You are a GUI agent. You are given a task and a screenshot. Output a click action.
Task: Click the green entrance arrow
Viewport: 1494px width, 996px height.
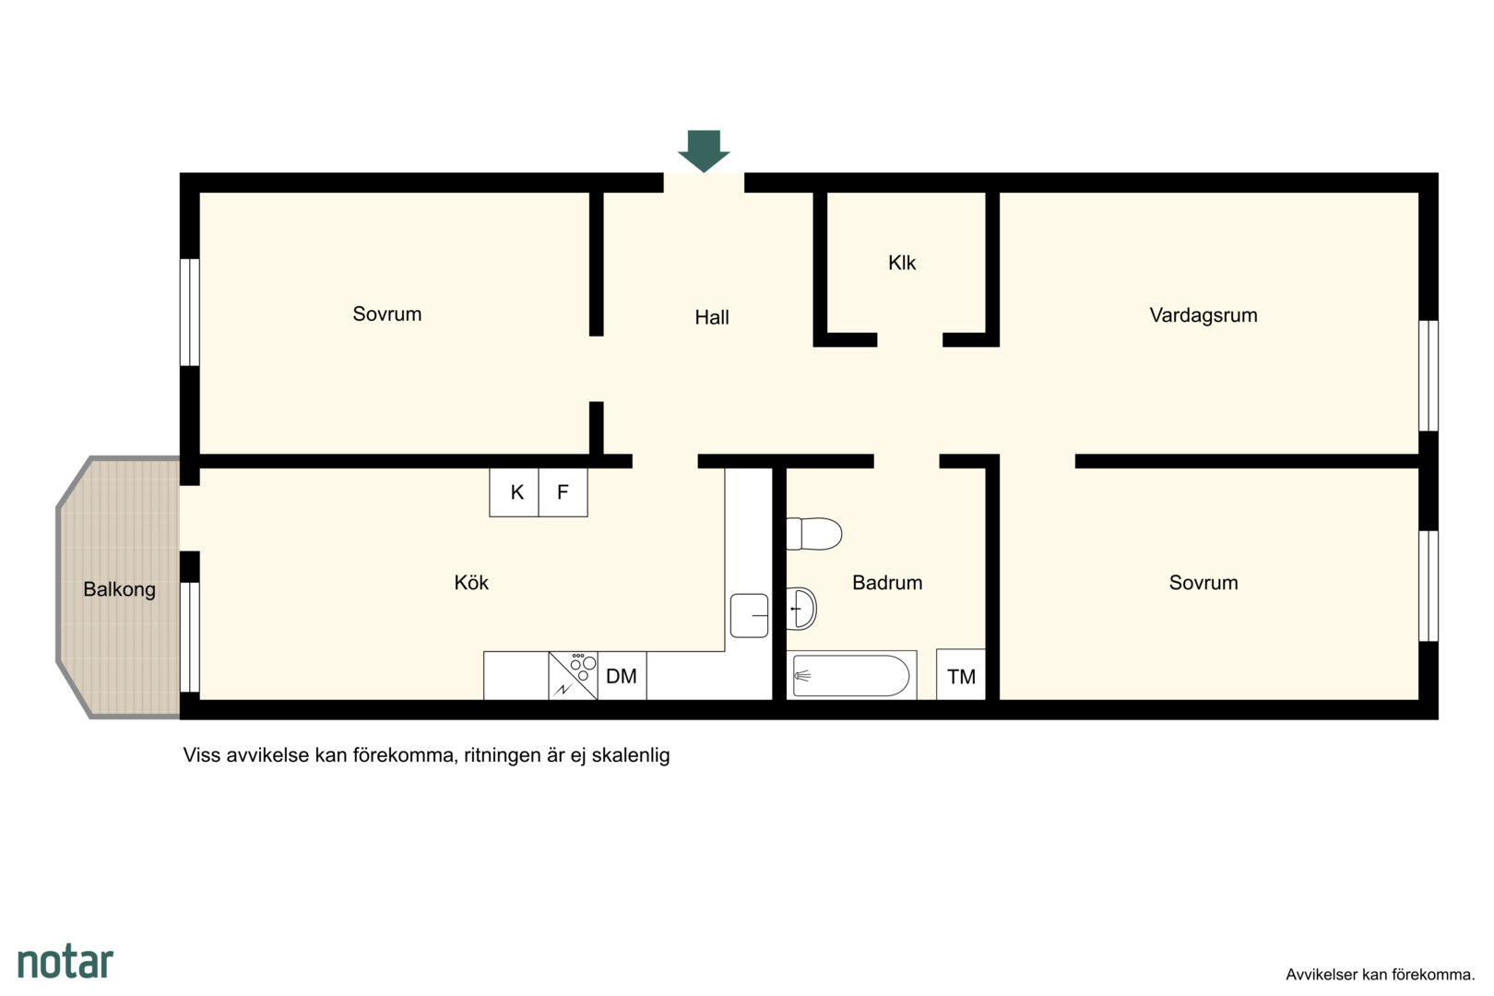704,150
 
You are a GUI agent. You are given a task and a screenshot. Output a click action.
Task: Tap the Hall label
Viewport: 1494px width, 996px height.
712,317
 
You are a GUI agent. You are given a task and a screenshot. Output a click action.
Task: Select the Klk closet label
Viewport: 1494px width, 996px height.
902,263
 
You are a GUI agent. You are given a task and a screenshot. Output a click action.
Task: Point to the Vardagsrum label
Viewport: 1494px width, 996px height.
1203,314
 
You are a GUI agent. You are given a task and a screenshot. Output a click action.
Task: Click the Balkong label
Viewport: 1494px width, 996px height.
119,589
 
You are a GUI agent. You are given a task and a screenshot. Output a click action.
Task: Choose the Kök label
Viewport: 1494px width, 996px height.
471,583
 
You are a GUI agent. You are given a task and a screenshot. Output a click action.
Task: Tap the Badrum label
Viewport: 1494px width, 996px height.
887,583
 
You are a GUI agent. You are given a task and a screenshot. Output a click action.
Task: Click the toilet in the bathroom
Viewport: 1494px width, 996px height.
813,534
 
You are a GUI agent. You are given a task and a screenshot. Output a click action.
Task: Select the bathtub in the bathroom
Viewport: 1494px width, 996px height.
851,676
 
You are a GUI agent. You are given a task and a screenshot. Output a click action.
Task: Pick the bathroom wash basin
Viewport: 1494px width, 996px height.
801,609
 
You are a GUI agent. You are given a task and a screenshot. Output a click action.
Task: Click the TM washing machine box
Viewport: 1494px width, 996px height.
961,674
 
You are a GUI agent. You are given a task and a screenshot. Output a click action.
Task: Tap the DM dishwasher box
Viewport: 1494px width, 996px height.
622,676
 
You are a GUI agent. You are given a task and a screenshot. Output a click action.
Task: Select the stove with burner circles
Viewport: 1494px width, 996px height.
573,676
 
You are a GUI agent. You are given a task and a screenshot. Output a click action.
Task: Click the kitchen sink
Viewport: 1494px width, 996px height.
749,616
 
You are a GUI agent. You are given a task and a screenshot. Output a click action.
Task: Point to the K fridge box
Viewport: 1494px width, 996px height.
515,492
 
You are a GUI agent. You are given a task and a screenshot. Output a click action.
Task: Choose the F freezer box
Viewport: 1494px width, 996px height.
563,492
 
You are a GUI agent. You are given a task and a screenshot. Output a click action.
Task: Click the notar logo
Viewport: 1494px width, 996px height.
65,962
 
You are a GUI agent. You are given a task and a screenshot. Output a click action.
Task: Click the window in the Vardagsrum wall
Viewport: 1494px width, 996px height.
1428,375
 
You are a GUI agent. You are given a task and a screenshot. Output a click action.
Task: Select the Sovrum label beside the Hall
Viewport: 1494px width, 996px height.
386,314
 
